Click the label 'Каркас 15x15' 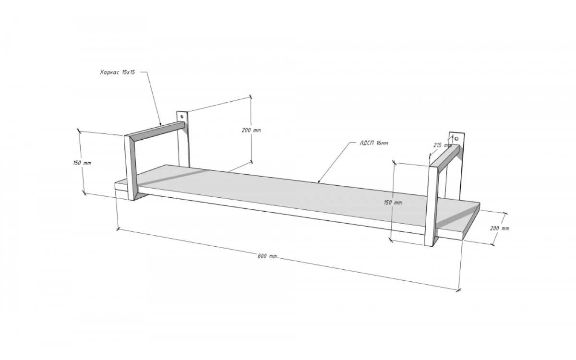point(118,72)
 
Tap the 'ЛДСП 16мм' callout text point(374,143)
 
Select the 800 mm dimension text point(267,256)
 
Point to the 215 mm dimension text point(442,145)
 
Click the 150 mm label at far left point(82,163)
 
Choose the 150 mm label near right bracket point(393,203)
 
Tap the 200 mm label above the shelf point(251,131)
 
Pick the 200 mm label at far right point(500,228)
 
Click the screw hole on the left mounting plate point(182,117)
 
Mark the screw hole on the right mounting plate point(456,139)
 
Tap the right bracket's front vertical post point(431,206)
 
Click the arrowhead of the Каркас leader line point(160,124)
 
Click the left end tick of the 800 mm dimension point(118,229)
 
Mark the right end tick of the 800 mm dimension point(458,290)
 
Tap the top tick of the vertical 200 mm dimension point(251,96)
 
